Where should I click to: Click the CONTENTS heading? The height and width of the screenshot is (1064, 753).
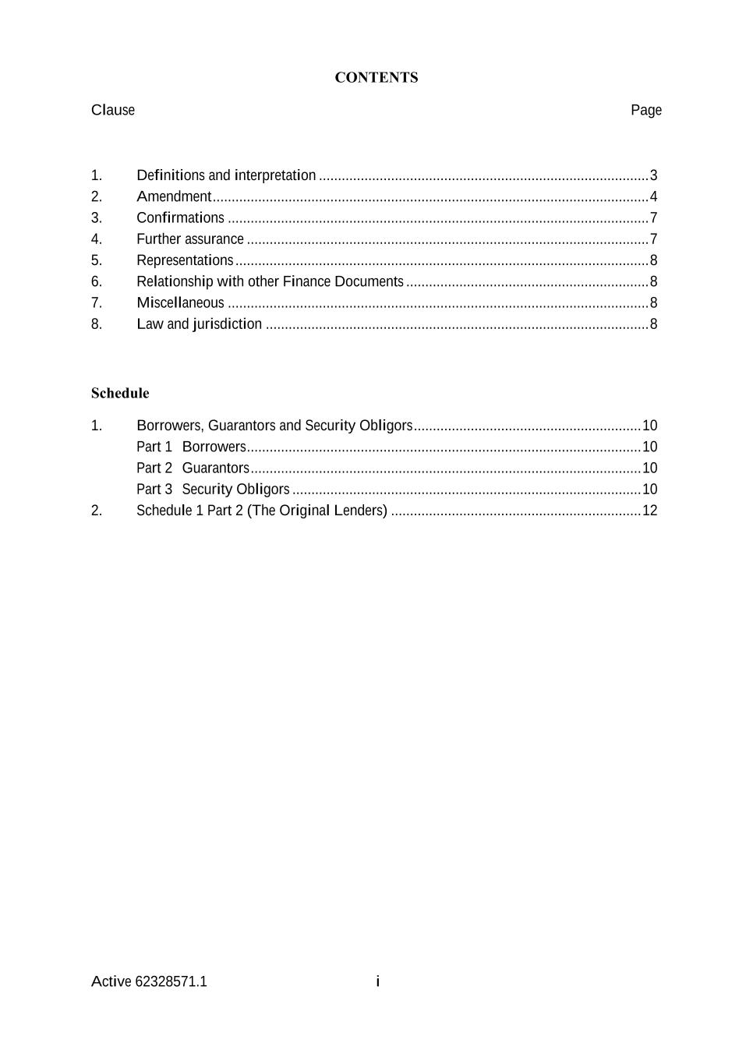(376, 77)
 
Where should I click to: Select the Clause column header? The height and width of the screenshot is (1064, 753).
(113, 110)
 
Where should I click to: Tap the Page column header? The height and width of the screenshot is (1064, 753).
(645, 110)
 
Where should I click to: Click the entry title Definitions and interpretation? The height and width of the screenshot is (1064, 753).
(226, 175)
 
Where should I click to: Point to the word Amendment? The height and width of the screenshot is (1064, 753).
(174, 196)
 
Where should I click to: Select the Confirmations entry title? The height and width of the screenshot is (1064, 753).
(180, 217)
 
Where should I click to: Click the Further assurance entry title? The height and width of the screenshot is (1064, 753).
(190, 239)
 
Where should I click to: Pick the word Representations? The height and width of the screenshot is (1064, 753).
(185, 260)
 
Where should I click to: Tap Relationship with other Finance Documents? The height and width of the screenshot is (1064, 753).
(270, 281)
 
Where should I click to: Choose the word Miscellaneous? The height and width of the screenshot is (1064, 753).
(180, 302)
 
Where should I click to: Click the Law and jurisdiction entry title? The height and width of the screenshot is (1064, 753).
(199, 324)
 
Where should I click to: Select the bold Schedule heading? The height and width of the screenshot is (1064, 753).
(120, 393)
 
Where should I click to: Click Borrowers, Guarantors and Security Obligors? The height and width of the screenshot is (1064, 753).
(274, 426)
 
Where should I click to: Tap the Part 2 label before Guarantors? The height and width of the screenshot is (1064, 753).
(154, 468)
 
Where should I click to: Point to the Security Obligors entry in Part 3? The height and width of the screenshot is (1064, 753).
(235, 490)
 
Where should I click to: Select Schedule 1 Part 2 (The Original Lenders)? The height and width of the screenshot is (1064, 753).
(262, 511)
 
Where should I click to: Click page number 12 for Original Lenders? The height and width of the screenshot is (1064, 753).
(649, 511)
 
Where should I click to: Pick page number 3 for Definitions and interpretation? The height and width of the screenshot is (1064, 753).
(653, 175)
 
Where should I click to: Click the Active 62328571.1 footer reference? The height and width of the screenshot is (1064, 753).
(149, 981)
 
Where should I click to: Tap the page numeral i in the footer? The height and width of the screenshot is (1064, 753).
(377, 981)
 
